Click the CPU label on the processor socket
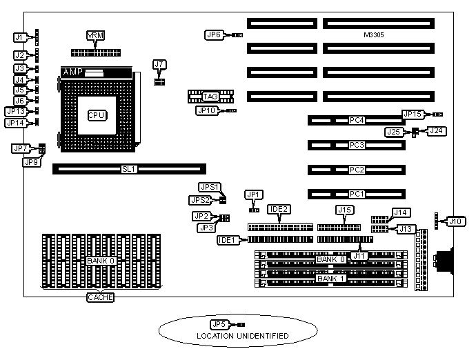(x=97, y=116)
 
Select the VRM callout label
(x=95, y=35)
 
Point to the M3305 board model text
(x=374, y=34)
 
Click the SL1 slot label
(x=129, y=168)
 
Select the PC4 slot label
(x=356, y=120)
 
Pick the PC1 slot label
(x=356, y=194)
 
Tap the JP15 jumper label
(x=413, y=114)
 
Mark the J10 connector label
(x=455, y=221)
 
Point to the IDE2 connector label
(x=279, y=208)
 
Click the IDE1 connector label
(x=227, y=239)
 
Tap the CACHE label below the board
(x=101, y=297)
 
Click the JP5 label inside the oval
(x=219, y=323)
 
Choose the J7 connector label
(x=160, y=65)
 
